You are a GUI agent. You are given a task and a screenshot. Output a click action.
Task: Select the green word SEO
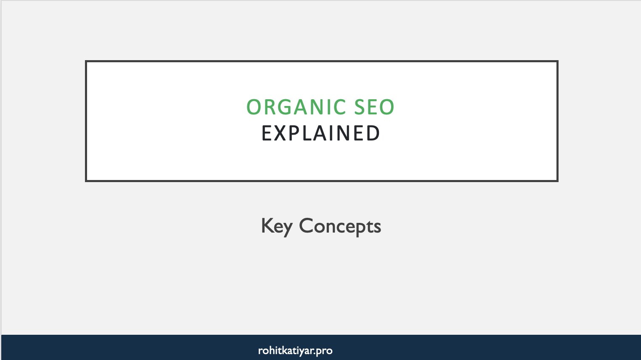(x=374, y=107)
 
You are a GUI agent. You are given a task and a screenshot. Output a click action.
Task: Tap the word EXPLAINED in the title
(x=320, y=133)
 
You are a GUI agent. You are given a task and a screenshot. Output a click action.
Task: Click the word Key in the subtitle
(x=276, y=226)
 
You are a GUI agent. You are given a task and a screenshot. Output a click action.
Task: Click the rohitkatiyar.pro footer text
(x=295, y=350)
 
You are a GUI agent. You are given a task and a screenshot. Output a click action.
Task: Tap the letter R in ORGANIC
(x=268, y=107)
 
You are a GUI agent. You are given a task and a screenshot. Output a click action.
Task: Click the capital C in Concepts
(x=306, y=226)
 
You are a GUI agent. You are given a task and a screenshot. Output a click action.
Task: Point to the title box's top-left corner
(x=86, y=61)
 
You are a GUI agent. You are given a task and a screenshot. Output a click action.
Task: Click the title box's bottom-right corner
(x=557, y=181)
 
